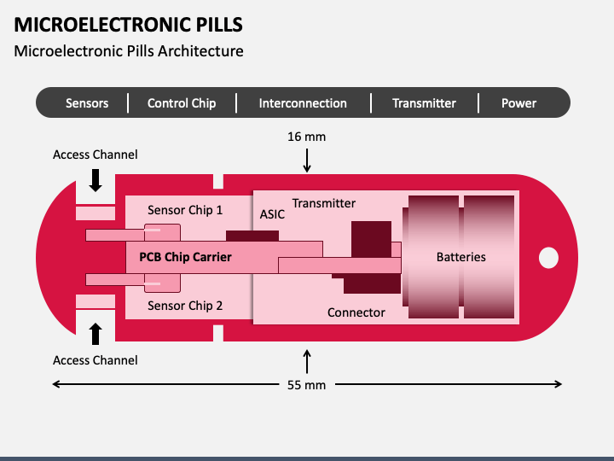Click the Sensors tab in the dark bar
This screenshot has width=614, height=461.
[x=87, y=103]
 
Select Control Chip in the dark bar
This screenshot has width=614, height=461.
[x=182, y=103]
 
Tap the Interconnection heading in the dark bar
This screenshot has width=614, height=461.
[x=303, y=103]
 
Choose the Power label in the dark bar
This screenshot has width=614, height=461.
[x=518, y=103]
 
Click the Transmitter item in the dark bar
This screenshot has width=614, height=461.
[x=424, y=103]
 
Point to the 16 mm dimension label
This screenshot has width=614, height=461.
[x=307, y=137]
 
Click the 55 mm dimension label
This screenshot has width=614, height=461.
[x=307, y=385]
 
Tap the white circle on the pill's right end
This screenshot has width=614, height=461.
[x=548, y=258]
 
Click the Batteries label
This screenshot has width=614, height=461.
[x=461, y=257]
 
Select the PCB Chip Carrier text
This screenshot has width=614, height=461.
[x=186, y=257]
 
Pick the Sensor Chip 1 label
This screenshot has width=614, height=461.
[x=185, y=210]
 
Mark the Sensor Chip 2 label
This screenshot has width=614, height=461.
[x=185, y=306]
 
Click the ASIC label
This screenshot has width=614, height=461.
[x=272, y=214]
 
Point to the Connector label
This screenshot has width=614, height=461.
[x=356, y=312]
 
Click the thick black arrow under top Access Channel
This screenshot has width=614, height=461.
[x=96, y=180]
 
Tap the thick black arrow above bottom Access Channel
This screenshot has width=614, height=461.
[x=96, y=334]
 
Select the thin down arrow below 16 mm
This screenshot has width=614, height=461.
[x=307, y=160]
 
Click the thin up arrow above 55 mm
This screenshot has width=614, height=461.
[x=307, y=361]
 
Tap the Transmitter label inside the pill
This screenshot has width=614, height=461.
[x=324, y=203]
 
